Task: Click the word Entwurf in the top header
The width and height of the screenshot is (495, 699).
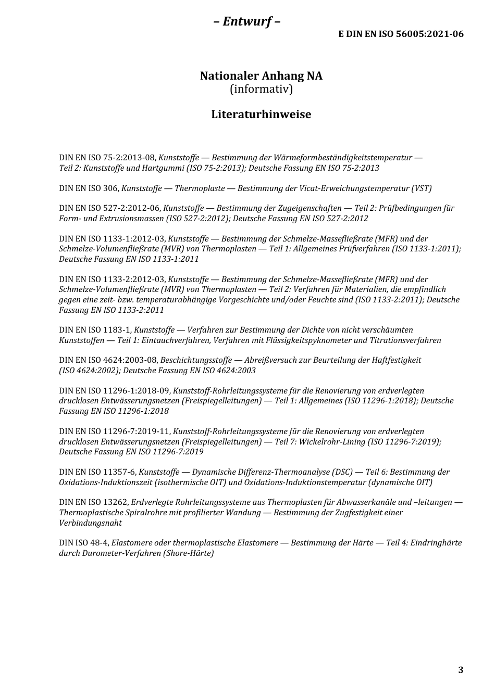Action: (247, 21)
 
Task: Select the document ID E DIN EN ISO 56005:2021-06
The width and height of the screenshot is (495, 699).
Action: (401, 34)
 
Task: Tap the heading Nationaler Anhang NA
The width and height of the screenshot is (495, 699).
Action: (261, 76)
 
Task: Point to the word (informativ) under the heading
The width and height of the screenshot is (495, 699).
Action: (261, 89)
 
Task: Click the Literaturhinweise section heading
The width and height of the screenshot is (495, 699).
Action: (261, 115)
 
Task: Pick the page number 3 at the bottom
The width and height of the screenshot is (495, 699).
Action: (461, 670)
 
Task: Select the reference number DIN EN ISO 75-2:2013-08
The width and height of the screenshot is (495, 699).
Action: (107, 158)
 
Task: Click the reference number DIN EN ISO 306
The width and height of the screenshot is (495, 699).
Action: (89, 188)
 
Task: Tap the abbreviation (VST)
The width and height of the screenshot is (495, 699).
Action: (421, 188)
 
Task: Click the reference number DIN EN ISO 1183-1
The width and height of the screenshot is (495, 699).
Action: (96, 330)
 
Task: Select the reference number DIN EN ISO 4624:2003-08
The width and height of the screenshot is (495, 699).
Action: (108, 360)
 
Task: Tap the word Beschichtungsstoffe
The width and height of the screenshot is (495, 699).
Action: (195, 360)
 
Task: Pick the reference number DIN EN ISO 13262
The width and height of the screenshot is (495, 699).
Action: (94, 503)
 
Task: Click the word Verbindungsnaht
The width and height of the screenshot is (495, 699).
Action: (90, 523)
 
